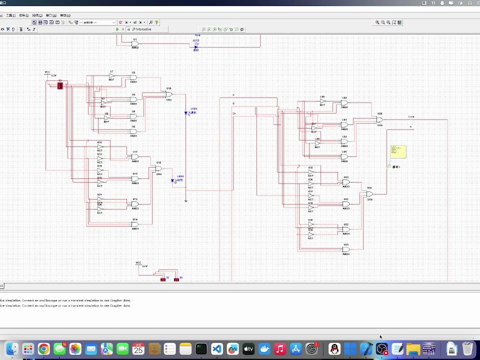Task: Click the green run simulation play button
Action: (117, 29)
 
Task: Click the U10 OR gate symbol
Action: (169, 94)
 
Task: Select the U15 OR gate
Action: (158, 168)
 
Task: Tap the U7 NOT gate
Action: (111, 76)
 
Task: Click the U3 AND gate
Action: (133, 77)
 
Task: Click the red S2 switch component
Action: (60, 86)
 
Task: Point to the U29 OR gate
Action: (379, 120)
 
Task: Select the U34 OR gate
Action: (369, 194)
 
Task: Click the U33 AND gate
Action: (345, 249)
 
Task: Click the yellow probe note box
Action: (398, 151)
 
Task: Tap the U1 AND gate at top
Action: (134, 44)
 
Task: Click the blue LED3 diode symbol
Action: (186, 113)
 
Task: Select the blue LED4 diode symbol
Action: (172, 180)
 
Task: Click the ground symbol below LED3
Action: (186, 201)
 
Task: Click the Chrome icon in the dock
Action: (44, 349)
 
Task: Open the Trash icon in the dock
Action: (467, 348)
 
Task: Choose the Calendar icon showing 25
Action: (138, 349)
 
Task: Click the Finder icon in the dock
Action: (12, 349)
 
